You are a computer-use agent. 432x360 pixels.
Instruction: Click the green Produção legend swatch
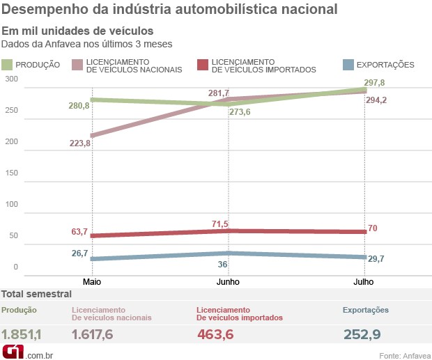[7, 65]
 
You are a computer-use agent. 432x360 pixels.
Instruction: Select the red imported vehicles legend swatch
[202, 65]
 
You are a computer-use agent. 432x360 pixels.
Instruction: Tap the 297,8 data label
[374, 83]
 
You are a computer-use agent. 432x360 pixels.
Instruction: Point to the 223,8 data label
[79, 143]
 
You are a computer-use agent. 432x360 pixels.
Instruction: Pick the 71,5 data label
[219, 224]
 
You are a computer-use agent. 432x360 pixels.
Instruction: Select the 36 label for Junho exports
[223, 265]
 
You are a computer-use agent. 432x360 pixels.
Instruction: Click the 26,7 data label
[79, 253]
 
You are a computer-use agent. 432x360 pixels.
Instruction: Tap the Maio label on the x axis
[93, 282]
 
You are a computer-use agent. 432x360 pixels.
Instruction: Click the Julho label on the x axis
[363, 282]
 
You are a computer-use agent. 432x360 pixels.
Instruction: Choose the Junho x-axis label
[228, 282]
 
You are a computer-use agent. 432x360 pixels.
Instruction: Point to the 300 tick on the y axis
[10, 79]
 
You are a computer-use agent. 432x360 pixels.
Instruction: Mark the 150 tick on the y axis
[10, 173]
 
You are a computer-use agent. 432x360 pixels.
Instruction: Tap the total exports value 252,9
[362, 334]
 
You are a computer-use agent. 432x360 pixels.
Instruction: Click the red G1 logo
[13, 352]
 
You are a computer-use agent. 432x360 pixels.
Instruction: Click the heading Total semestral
[36, 295]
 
